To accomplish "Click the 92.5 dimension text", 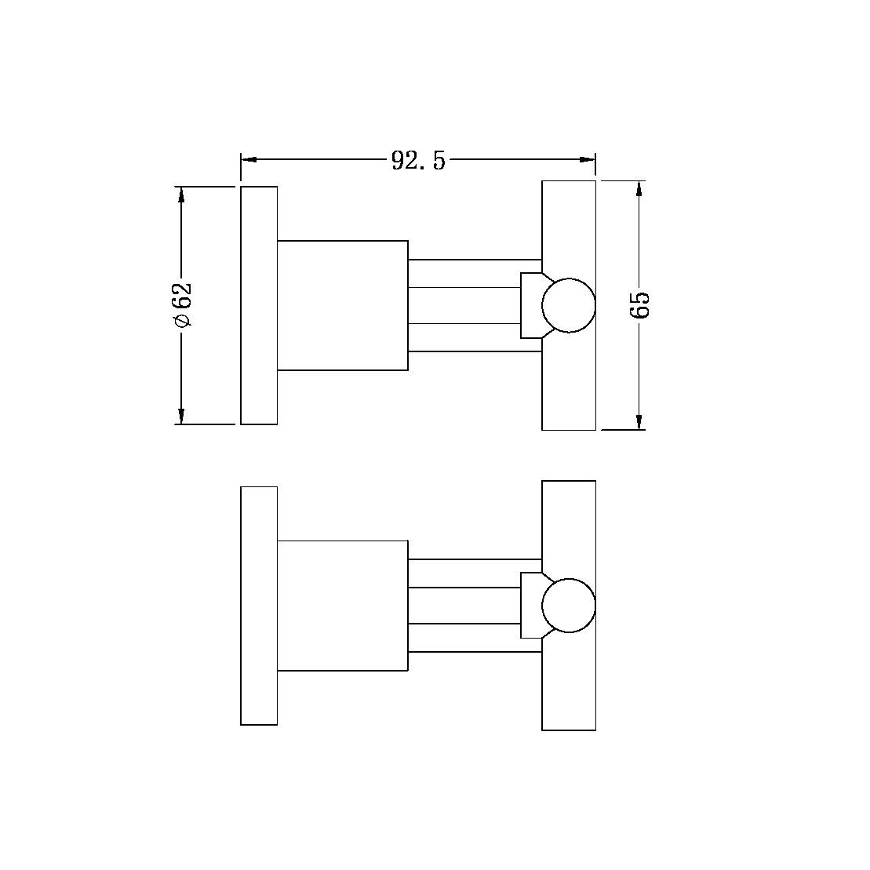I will tap(417, 160).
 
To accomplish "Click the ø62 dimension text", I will tap(181, 305).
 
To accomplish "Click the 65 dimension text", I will tap(640, 304).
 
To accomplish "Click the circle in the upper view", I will tap(569, 305).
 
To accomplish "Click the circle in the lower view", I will tap(569, 606).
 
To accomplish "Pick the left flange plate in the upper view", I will tap(259, 305).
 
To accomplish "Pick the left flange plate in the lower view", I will tap(259, 606).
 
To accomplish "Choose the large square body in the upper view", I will tap(342, 305).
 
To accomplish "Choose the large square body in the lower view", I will tap(342, 606).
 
